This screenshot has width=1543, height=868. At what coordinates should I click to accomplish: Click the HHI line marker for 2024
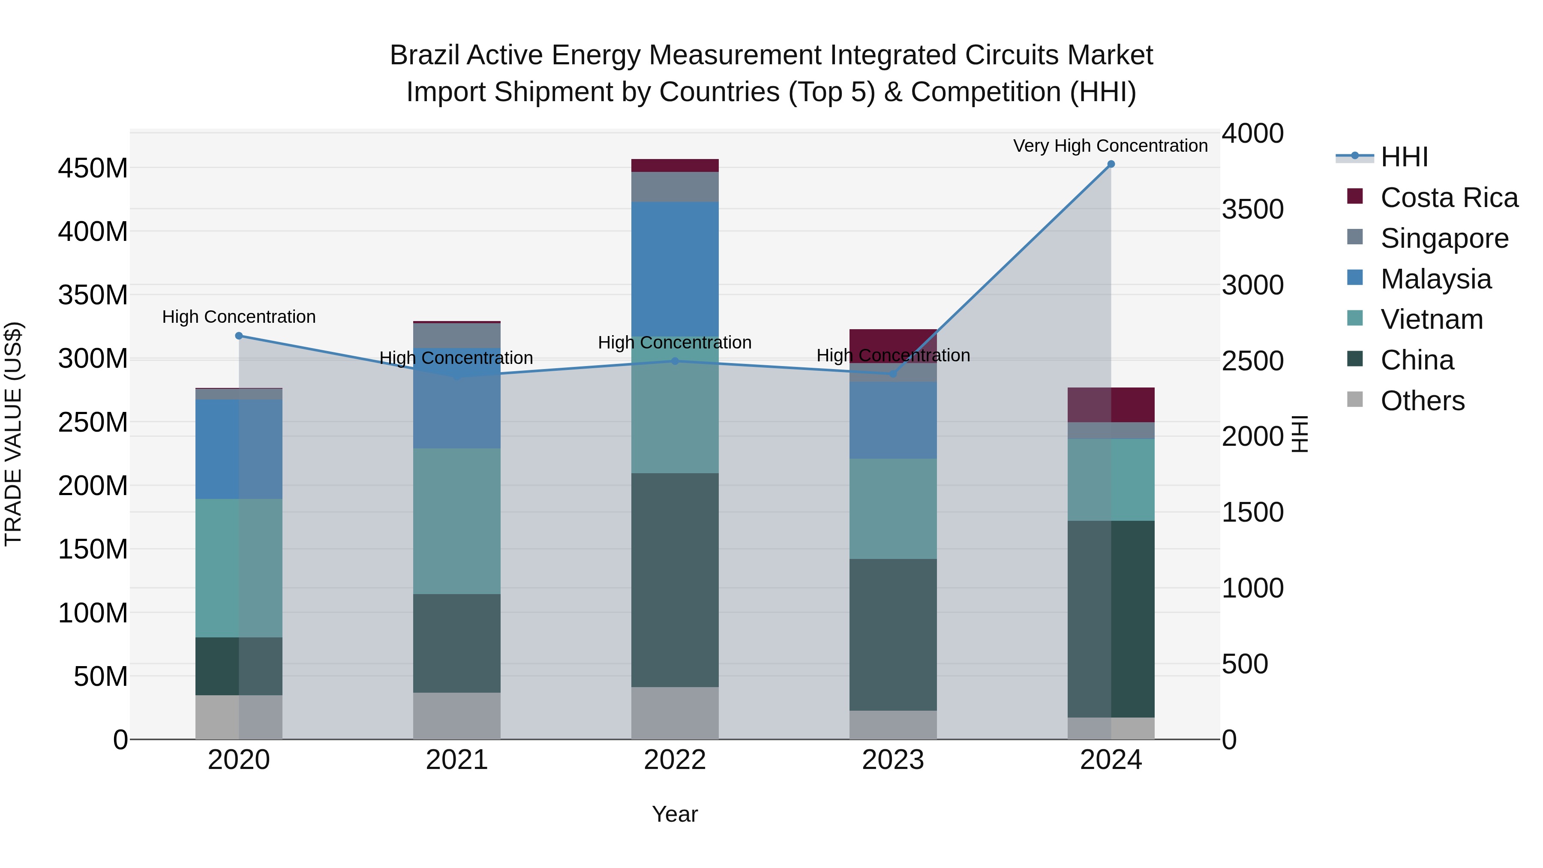tap(1111, 164)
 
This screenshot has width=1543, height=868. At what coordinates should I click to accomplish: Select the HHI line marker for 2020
tap(239, 336)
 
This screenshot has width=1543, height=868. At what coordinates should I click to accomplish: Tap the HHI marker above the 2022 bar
tap(675, 361)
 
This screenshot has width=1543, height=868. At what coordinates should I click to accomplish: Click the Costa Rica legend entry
tap(1448, 198)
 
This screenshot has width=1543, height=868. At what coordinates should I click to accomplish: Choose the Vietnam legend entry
tap(1431, 319)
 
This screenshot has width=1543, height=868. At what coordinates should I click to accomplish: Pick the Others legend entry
tap(1422, 401)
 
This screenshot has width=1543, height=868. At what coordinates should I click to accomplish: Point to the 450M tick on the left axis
tap(93, 168)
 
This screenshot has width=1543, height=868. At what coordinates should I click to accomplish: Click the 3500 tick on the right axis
tap(1252, 210)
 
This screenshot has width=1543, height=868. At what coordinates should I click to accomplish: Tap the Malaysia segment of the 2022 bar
tap(675, 264)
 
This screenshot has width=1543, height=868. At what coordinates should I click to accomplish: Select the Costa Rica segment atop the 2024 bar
tap(1111, 405)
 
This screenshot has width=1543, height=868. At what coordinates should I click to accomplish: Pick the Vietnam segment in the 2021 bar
tap(457, 521)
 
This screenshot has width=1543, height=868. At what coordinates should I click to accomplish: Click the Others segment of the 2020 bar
tap(239, 717)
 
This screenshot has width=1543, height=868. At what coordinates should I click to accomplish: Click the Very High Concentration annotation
tap(1110, 146)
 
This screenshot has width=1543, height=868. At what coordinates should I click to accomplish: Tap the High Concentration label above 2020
tap(239, 317)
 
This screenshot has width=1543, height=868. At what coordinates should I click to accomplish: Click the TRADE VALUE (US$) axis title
tap(13, 434)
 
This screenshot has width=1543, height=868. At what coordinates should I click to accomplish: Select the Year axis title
tap(675, 814)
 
